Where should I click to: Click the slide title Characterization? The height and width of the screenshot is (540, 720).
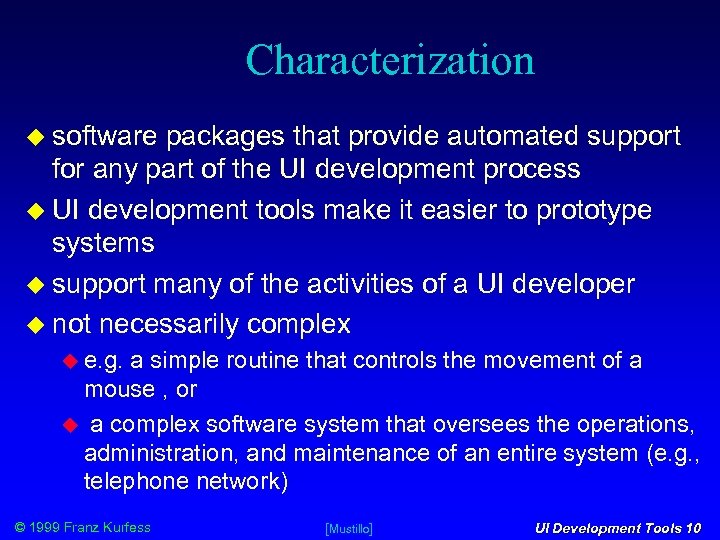point(390,60)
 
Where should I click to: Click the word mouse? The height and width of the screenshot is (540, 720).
point(118,388)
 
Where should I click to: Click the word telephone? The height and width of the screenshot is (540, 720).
point(127,481)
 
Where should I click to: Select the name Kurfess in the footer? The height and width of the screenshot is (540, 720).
point(124,527)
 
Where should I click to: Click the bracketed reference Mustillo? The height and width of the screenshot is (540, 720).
point(349,528)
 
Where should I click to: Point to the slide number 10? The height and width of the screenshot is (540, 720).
point(693,528)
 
